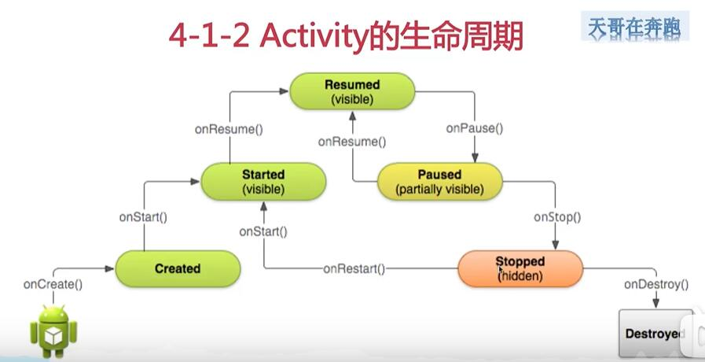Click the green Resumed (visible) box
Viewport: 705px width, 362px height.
pyautogui.click(x=351, y=91)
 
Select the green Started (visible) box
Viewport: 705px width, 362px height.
pyautogui.click(x=263, y=182)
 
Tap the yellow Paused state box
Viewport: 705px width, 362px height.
pyautogui.click(x=439, y=182)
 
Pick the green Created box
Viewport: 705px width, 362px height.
pyautogui.click(x=178, y=268)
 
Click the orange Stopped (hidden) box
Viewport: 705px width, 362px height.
pyautogui.click(x=520, y=268)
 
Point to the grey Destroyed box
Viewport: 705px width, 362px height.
pyautogui.click(x=655, y=334)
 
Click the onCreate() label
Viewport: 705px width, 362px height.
pyautogui.click(x=53, y=284)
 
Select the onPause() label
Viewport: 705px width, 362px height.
pyautogui.click(x=474, y=128)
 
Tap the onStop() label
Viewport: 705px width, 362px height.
pyautogui.click(x=556, y=216)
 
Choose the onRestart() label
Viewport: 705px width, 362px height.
pyautogui.click(x=354, y=268)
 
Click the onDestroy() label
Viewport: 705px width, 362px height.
pyautogui.click(x=655, y=284)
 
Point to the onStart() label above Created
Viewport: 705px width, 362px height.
pyautogui.click(x=143, y=216)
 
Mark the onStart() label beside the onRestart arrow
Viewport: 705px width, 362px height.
pyautogui.click(x=263, y=231)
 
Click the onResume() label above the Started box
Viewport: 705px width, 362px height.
pyautogui.click(x=229, y=128)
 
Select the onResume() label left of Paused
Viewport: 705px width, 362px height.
pyautogui.click(x=352, y=142)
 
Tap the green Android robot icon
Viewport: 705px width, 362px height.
pyautogui.click(x=53, y=330)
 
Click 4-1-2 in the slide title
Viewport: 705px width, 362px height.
pyautogui.click(x=208, y=37)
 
